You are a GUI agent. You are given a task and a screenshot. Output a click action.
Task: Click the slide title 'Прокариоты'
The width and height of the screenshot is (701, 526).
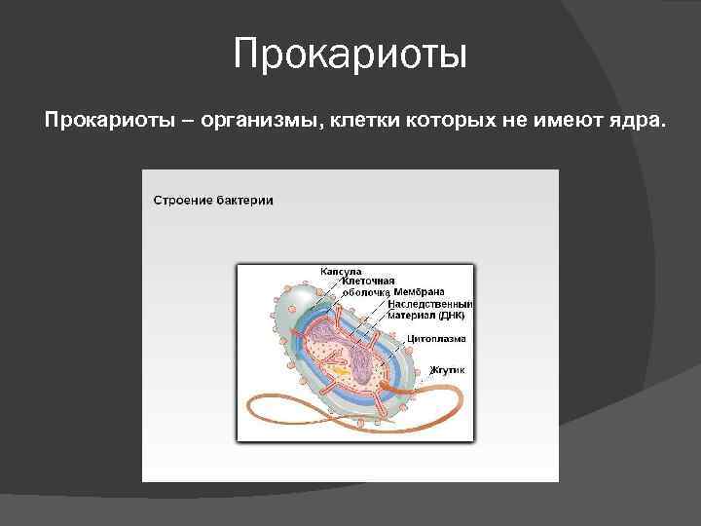pos(350,55)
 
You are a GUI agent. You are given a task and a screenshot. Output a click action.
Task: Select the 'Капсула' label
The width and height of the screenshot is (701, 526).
pos(341,271)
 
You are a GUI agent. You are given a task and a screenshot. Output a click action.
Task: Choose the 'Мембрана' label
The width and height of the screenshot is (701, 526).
pos(420,291)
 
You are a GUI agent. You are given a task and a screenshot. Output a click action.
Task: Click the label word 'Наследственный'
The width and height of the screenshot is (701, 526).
pos(429,304)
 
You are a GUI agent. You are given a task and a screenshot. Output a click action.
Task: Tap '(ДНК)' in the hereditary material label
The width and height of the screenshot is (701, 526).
pos(451,315)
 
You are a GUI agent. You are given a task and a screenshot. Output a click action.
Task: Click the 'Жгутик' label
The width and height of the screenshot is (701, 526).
pos(448,370)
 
